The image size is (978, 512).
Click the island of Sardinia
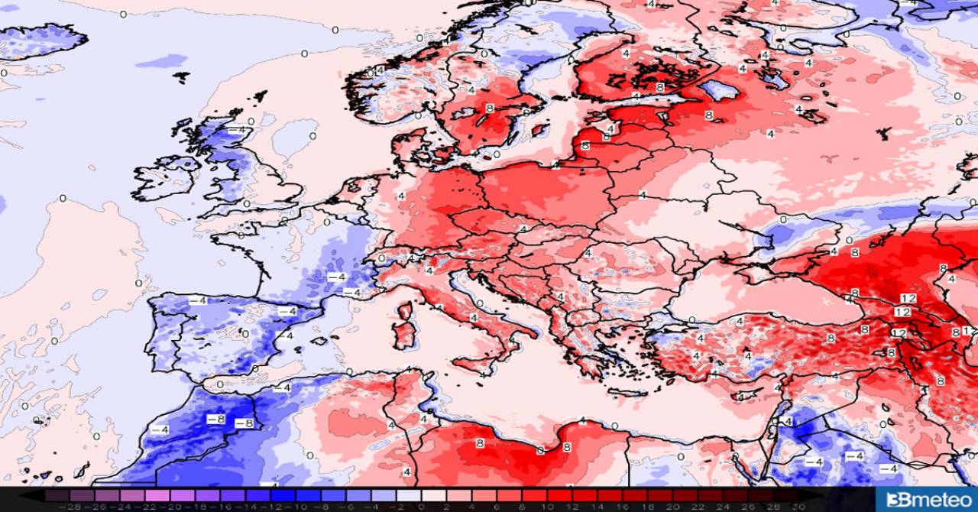(x=403, y=337)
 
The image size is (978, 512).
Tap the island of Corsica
(x=404, y=310)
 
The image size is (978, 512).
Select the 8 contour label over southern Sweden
(x=488, y=109)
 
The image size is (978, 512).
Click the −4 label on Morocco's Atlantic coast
(x=160, y=429)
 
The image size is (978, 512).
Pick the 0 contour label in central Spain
(x=244, y=334)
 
